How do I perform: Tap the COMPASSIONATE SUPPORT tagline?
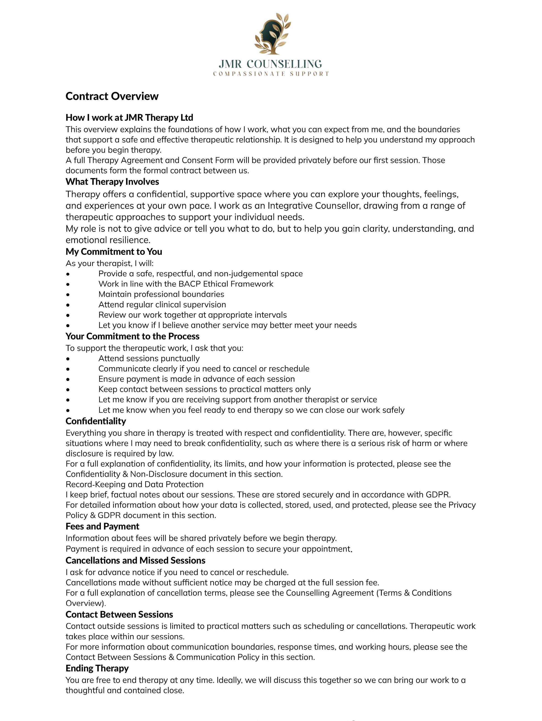(x=271, y=74)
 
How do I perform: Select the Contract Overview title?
(x=112, y=96)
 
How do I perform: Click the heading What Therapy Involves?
(x=112, y=182)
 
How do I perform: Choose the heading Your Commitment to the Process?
(x=133, y=336)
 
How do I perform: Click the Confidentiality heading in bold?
(x=96, y=421)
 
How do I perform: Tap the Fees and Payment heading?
(x=102, y=526)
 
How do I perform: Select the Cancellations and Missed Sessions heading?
(x=135, y=560)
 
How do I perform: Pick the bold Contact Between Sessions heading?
(x=119, y=615)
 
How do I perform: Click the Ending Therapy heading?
(x=97, y=668)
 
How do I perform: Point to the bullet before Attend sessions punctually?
(x=68, y=359)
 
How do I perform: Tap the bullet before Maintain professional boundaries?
(x=68, y=294)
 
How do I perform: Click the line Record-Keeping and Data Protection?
(x=134, y=484)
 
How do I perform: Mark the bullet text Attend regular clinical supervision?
(x=162, y=305)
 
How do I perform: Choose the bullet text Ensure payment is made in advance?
(x=197, y=379)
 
